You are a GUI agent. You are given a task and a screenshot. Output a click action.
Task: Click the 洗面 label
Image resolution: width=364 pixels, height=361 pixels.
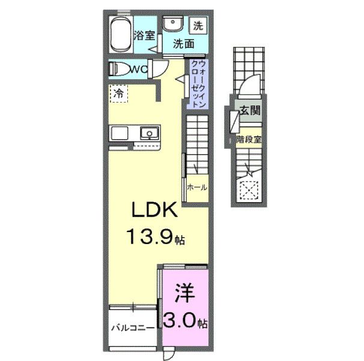pyautogui.click(x=184, y=44)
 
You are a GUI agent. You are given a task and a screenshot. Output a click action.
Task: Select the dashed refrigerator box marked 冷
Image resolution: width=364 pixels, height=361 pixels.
pyautogui.click(x=118, y=94)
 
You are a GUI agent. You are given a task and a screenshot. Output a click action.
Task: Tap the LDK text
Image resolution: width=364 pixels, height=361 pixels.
pyautogui.click(x=154, y=212)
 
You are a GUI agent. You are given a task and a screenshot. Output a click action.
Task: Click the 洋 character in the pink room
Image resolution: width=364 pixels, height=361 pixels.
pyautogui.click(x=184, y=294)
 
